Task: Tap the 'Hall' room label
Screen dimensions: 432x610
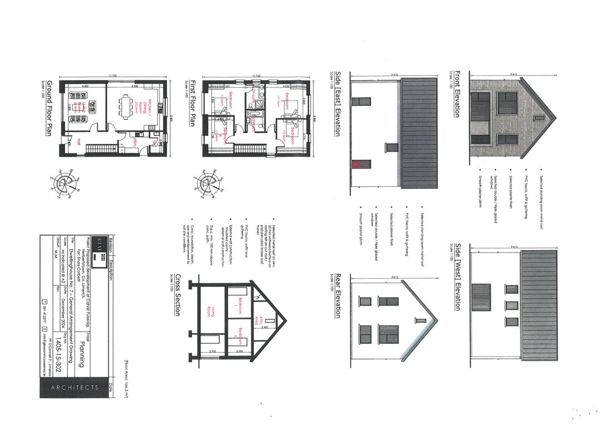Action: click(80, 140)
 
